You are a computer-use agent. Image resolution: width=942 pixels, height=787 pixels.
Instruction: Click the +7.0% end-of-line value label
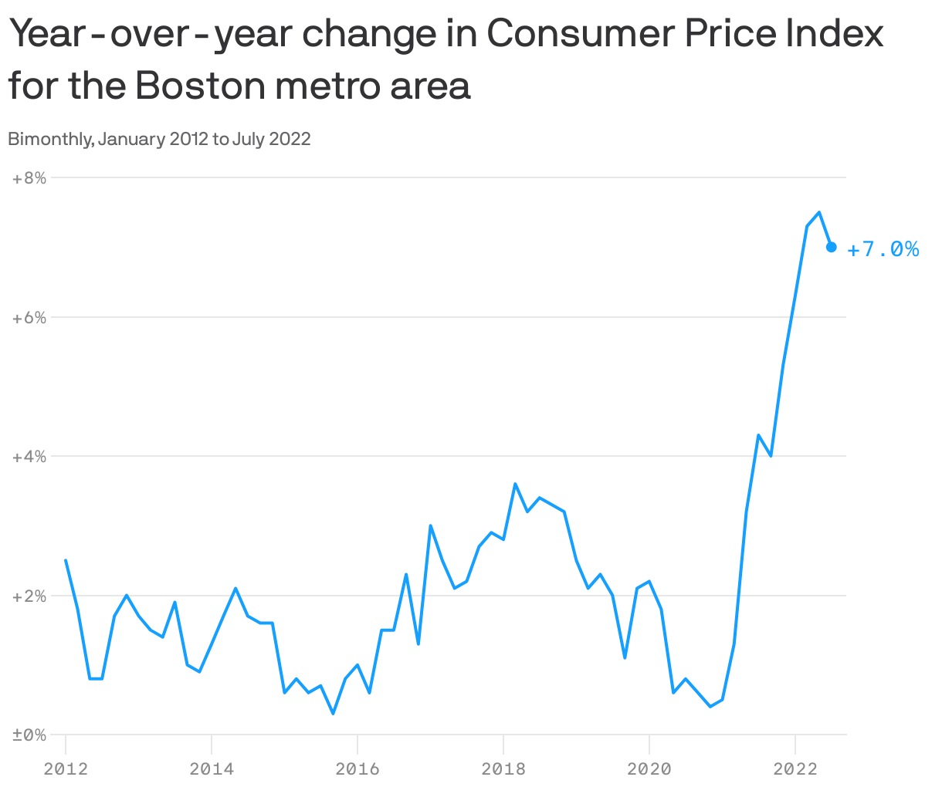[883, 249]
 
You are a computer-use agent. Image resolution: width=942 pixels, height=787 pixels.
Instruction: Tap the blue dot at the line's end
[832, 247]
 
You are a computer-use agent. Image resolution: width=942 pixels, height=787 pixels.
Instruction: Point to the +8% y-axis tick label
[29, 178]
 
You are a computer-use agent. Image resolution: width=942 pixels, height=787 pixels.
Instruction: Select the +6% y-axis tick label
[29, 318]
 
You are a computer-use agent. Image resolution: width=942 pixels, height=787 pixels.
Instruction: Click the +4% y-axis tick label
[29, 457]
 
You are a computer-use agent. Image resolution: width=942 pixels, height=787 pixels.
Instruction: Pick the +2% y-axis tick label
[29, 596]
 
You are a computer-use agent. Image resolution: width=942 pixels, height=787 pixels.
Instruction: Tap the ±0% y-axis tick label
[29, 735]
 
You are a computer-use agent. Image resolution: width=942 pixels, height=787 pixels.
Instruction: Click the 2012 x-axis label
[66, 768]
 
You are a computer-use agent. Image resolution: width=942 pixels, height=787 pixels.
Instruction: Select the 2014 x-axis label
[212, 768]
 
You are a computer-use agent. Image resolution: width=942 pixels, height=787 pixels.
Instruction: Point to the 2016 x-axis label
[357, 768]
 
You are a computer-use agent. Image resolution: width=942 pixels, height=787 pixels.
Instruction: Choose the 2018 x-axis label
[503, 768]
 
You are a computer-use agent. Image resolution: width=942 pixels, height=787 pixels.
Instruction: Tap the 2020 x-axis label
[649, 768]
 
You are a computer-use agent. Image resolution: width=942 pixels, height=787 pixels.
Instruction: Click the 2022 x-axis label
[795, 768]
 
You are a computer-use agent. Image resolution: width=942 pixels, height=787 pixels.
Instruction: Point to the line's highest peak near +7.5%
[819, 212]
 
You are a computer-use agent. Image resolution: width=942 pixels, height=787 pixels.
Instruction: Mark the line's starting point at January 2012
[66, 560]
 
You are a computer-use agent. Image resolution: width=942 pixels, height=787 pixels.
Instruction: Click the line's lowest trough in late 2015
[333, 714]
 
